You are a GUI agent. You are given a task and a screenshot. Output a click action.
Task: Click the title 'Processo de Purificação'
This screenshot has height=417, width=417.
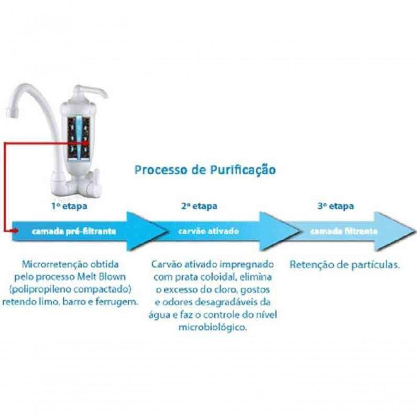(x=205, y=170)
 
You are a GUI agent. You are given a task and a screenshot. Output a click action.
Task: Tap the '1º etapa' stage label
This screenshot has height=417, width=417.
(x=69, y=206)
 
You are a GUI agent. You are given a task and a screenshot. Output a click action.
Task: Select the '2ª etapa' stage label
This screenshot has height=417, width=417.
(x=199, y=206)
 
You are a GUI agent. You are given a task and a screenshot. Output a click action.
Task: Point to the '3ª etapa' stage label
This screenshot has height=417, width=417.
(x=336, y=206)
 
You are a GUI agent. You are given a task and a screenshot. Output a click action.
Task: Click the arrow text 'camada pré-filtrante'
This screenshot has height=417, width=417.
(x=74, y=231)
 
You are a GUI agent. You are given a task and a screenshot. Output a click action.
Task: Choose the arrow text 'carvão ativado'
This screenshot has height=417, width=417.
(x=208, y=231)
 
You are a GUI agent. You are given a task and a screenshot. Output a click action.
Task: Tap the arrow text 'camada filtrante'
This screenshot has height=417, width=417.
(x=344, y=231)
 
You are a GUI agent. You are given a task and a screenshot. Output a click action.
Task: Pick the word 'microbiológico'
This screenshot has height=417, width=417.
(x=212, y=327)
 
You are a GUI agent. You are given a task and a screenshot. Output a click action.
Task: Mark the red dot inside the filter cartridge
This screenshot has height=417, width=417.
(x=85, y=143)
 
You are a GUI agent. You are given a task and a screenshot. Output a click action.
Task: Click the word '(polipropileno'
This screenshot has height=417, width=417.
(x=39, y=290)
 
